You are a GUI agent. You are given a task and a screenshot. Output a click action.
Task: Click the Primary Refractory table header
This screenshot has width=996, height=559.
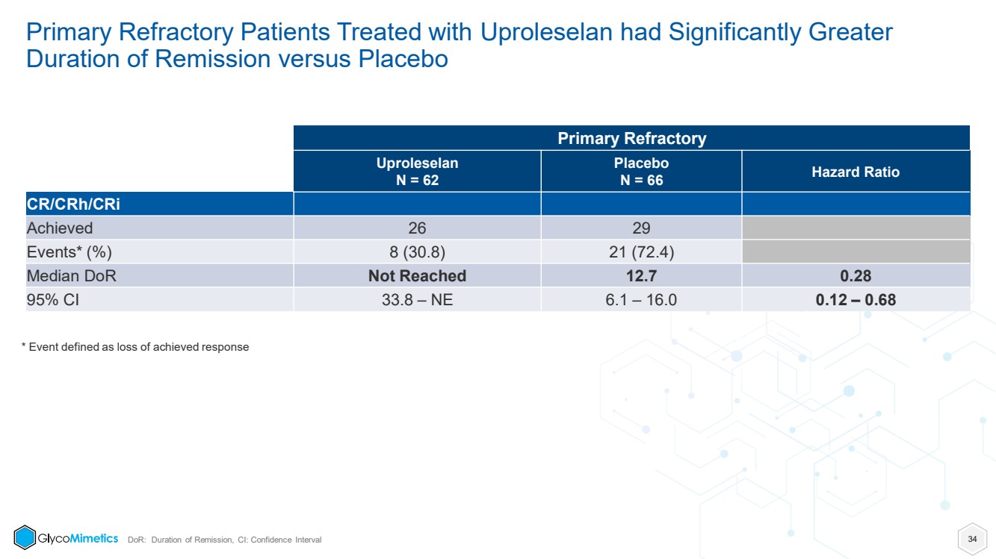(631, 139)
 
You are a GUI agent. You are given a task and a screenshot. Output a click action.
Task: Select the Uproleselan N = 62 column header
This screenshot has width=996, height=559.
(417, 172)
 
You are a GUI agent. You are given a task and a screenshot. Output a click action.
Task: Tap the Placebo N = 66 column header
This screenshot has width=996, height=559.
(641, 172)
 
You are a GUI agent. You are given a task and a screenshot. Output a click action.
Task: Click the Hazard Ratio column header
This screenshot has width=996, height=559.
(856, 172)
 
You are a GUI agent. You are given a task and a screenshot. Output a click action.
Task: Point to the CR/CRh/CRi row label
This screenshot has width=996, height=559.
(73, 204)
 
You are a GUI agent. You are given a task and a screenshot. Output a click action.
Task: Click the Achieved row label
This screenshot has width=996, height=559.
(60, 228)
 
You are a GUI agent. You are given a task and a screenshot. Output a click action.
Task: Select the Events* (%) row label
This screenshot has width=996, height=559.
(69, 252)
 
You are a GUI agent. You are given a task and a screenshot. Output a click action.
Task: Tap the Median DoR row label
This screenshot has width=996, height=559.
(72, 275)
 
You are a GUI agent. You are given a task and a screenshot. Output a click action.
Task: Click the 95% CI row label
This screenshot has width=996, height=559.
(53, 300)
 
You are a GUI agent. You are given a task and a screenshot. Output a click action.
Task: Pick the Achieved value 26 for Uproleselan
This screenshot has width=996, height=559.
(417, 228)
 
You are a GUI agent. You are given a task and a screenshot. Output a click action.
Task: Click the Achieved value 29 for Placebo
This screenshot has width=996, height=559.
(641, 228)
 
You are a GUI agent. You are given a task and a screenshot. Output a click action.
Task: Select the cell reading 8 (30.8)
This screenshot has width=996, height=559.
(417, 252)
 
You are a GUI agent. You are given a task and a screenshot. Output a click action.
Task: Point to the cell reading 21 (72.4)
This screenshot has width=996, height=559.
(641, 252)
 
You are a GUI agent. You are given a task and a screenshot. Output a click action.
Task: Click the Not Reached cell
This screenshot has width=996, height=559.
(417, 275)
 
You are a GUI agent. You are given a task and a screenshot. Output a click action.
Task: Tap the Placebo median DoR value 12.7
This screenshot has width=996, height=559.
(641, 275)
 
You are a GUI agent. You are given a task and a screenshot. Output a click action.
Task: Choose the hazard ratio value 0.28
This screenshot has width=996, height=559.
(856, 275)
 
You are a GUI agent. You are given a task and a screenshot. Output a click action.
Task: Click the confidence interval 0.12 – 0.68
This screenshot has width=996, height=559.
(856, 300)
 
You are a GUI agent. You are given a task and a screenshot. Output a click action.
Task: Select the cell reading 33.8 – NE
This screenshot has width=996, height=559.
(417, 300)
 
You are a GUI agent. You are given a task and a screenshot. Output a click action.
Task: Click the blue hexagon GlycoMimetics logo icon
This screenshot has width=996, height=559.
(25, 537)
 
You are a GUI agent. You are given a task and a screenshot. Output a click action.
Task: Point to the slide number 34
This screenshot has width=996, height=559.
(972, 539)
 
